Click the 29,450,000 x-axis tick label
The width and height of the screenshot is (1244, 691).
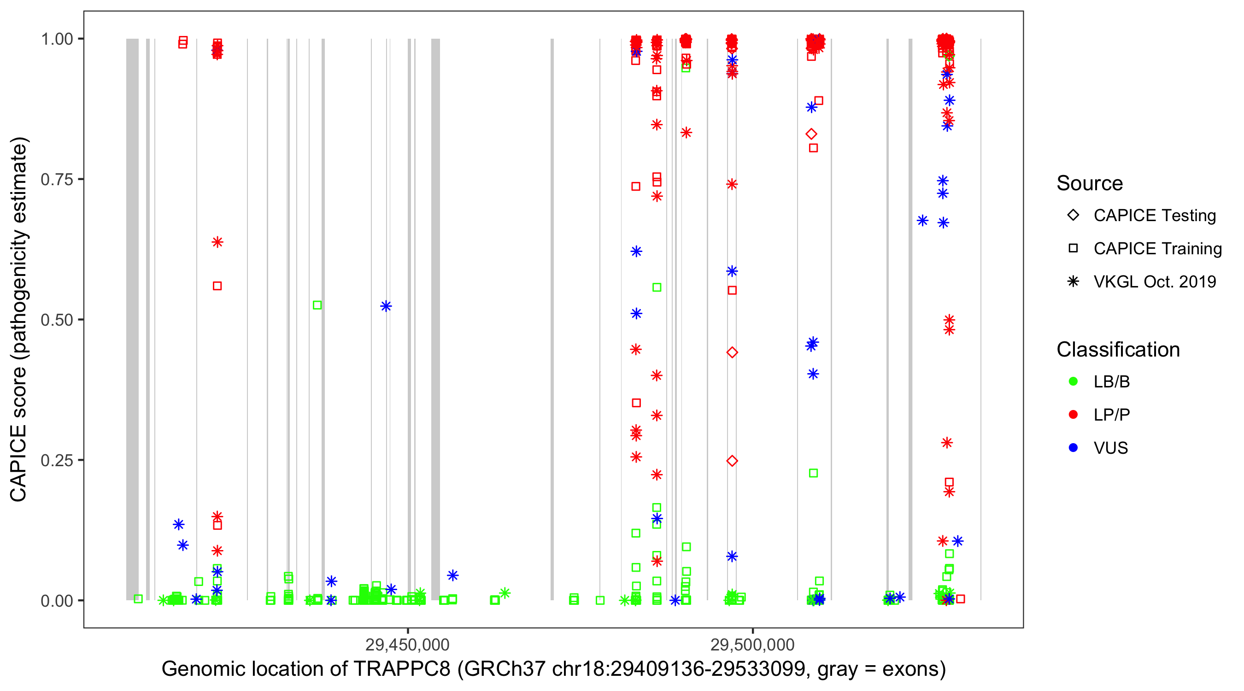point(408,644)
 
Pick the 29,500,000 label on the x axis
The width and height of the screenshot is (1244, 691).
point(752,644)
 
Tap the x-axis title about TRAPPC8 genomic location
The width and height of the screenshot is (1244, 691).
point(553,669)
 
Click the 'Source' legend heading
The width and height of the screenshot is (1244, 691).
point(1090,183)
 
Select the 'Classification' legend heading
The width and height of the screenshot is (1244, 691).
point(1118,350)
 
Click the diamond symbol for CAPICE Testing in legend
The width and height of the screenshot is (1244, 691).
point(1073,216)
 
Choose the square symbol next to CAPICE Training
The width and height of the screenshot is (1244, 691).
point(1073,249)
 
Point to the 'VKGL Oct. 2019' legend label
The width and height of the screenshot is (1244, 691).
point(1155,282)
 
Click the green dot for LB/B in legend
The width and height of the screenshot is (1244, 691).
point(1073,381)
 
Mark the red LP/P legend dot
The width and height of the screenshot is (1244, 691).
point(1073,415)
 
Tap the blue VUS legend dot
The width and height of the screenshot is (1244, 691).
point(1073,448)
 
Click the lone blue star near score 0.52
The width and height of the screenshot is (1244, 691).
point(386,306)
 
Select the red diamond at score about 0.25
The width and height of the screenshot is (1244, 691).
point(732,461)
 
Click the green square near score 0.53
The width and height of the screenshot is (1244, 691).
point(317,305)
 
